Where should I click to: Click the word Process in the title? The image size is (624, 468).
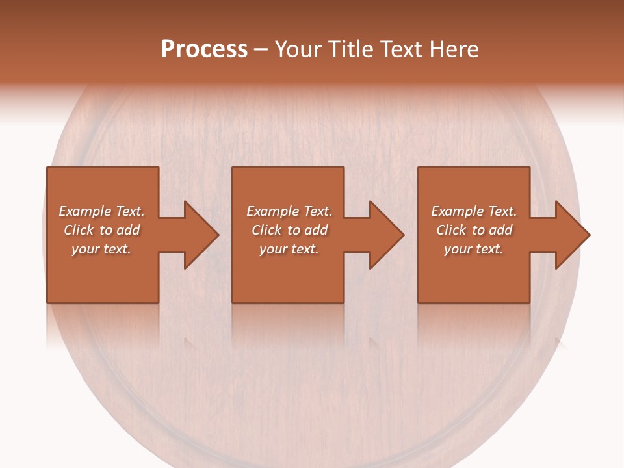coord(204,49)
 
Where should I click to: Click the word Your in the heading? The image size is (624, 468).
coord(299,49)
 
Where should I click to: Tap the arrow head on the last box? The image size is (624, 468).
coord(571,235)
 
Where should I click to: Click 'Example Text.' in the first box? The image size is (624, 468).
coord(102,211)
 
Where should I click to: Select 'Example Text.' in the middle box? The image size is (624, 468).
coord(289,211)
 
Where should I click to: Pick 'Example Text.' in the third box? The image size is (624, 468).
coord(474,211)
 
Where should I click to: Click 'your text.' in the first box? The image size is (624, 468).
coord(101,249)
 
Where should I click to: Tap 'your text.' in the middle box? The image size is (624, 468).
coord(289,249)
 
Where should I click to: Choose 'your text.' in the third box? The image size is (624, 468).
coord(474,249)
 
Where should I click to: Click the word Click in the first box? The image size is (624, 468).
coord(79,230)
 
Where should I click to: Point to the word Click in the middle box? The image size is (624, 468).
coord(266,230)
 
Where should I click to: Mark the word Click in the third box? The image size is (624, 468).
coord(452,230)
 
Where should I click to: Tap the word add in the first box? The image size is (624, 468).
coord(129,230)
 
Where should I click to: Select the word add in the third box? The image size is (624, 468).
coord(501,230)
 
